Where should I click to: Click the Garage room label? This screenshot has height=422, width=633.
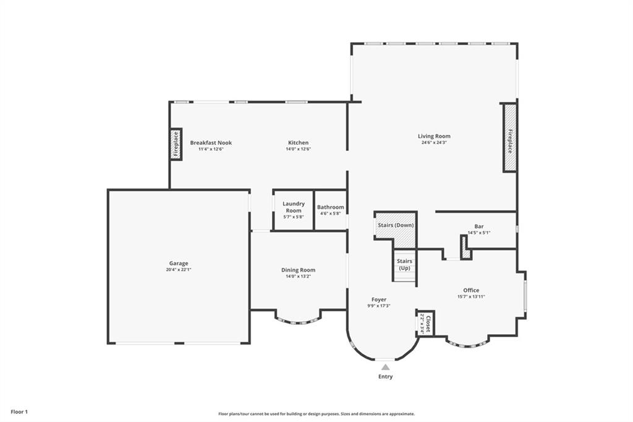179,263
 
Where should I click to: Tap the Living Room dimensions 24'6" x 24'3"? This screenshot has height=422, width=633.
434,142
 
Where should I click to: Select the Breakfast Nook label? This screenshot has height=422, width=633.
211,143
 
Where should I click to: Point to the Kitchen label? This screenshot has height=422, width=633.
299,143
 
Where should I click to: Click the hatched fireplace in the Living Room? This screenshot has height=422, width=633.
510,138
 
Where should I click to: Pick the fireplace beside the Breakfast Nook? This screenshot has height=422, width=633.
176,144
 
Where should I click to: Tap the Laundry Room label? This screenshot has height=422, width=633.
294,207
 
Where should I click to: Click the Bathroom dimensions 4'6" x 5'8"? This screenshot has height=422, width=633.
331,213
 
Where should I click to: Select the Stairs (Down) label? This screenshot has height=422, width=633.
396,225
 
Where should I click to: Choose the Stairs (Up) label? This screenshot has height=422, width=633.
404,264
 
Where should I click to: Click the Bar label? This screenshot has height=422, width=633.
479,226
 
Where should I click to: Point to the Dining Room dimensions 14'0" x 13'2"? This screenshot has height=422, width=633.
299,277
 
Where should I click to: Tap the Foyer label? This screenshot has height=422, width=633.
379,299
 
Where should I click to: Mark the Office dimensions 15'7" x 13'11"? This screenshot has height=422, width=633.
471,296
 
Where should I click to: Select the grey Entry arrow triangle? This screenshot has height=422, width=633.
386,367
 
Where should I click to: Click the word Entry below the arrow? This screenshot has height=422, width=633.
386,376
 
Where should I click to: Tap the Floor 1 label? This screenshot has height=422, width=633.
19,412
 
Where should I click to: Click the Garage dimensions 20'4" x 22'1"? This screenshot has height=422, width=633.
179,270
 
